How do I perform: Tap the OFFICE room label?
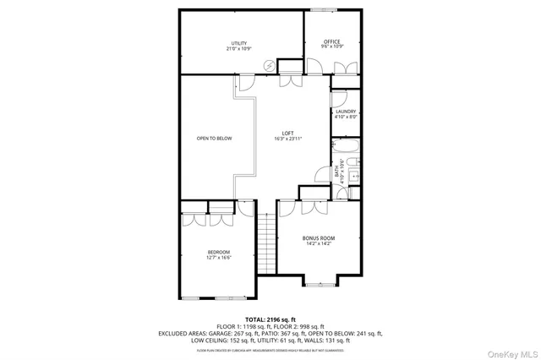[x=331, y=41]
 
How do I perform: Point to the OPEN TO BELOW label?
[x=214, y=139]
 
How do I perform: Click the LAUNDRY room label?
[x=346, y=112]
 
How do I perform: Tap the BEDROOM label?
[x=219, y=252]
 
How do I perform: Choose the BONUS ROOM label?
[x=319, y=238]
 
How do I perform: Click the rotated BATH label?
[x=342, y=172]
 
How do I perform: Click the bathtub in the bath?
[x=347, y=155]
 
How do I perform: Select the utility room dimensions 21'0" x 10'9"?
[x=239, y=49]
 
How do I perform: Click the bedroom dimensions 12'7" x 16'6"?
[x=219, y=258]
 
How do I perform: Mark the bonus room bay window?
[x=320, y=282]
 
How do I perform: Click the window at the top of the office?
[x=322, y=10]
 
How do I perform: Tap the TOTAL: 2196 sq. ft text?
[x=270, y=319]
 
